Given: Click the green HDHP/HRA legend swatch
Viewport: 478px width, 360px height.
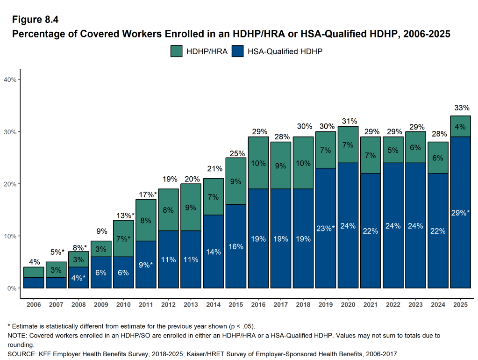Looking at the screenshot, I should (x=176, y=51).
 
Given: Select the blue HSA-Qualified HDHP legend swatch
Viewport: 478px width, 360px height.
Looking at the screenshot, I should (x=237, y=51).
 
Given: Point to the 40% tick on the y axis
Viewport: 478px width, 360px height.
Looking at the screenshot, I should (x=10, y=79).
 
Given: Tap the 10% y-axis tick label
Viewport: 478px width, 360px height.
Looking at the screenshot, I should (x=10, y=236).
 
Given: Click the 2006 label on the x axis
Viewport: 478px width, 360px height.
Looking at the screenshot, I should (x=34, y=305).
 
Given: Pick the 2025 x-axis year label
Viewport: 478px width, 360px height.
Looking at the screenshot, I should (x=460, y=305).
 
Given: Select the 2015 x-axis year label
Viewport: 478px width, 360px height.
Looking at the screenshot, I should (x=236, y=305).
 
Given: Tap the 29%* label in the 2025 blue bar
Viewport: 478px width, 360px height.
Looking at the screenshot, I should (x=460, y=213).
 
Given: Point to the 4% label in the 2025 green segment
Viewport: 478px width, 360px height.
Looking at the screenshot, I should (x=460, y=126).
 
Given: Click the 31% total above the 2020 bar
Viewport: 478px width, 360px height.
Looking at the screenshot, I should (x=348, y=121).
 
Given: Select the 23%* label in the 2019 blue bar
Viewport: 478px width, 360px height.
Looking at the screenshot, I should (x=326, y=229).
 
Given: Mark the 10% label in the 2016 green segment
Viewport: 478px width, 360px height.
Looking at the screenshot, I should (x=258, y=163).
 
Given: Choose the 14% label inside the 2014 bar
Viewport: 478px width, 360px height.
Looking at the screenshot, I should (x=214, y=252).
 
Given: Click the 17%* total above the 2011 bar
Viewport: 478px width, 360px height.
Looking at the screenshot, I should (x=146, y=194).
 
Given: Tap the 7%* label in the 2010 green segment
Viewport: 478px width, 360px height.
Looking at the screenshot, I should (x=124, y=239).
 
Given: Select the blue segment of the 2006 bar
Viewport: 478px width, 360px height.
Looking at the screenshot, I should (x=34, y=282).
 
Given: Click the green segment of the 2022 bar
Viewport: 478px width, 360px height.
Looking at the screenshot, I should (x=393, y=150).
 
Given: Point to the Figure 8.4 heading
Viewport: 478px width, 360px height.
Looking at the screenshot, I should (x=35, y=19).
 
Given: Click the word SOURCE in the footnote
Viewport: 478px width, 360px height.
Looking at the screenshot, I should (x=20, y=353).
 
